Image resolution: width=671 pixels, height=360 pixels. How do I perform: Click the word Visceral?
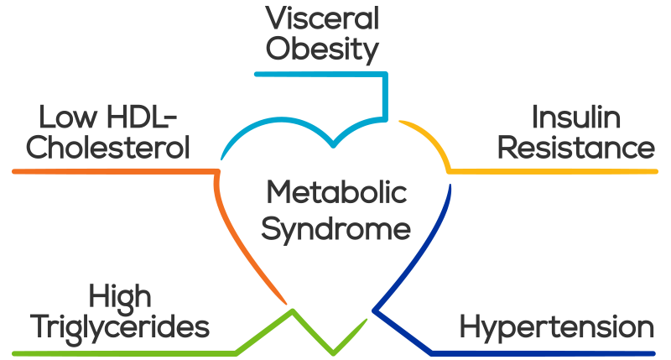[322, 18]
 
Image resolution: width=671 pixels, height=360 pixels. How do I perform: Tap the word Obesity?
[322, 50]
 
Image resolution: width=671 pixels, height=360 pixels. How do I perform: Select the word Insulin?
[576, 117]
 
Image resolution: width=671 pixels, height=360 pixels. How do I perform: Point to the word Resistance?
[576, 148]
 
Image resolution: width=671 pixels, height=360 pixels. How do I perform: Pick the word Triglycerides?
[120, 328]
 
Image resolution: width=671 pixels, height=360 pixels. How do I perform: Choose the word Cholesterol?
[108, 148]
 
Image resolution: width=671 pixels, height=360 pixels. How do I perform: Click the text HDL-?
[142, 117]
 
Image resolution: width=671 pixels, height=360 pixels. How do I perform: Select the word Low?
[68, 117]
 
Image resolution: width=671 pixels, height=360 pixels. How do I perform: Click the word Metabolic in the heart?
[337, 192]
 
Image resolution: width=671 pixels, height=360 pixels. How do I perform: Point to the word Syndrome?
[336, 230]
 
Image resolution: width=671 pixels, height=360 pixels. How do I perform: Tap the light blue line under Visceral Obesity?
[321, 75]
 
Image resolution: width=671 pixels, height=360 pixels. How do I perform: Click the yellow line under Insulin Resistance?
[552, 172]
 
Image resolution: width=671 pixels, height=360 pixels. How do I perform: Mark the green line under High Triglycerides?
[124, 353]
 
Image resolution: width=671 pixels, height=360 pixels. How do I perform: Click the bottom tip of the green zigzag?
[333, 353]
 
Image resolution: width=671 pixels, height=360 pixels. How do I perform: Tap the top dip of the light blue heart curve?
[333, 145]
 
